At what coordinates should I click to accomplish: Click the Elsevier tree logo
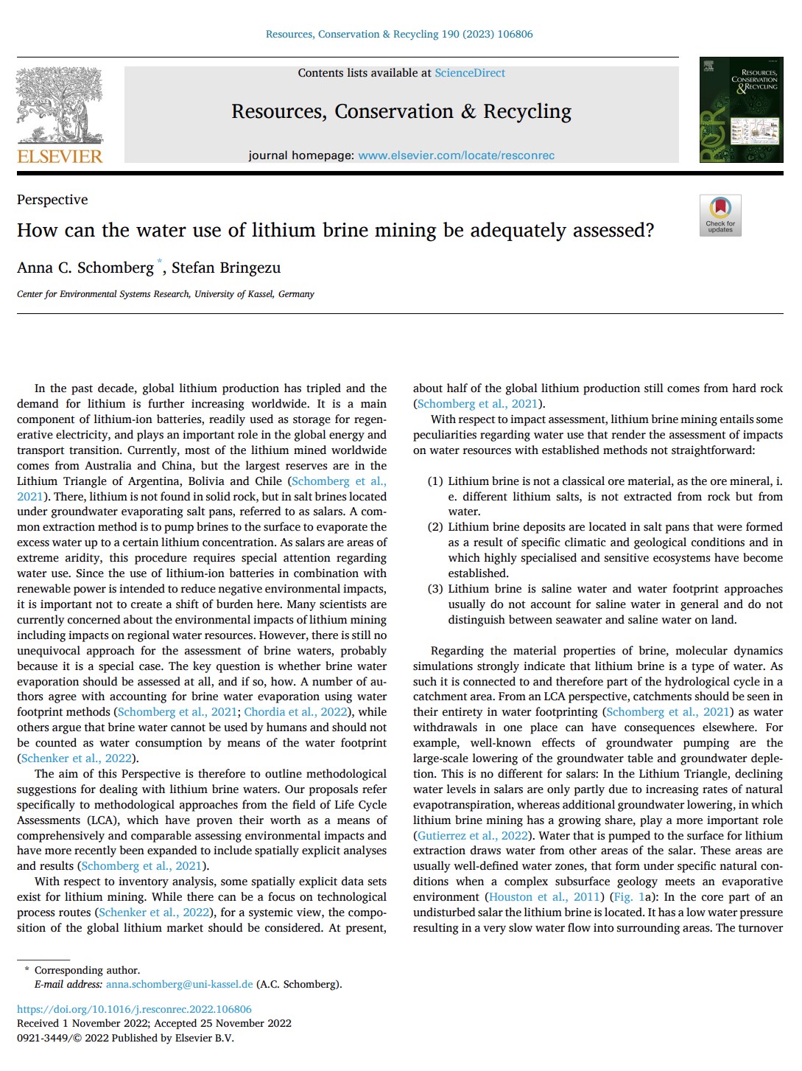[60, 104]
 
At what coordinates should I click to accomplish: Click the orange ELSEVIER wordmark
[60, 156]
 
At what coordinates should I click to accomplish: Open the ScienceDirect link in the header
[470, 73]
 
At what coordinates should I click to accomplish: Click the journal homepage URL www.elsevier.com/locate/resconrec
[456, 156]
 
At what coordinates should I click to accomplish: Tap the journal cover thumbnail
[741, 110]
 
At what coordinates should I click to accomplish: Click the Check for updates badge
[720, 214]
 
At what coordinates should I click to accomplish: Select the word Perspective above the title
[52, 200]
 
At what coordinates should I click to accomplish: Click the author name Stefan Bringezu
[226, 268]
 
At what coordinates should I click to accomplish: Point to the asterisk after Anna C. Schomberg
[159, 262]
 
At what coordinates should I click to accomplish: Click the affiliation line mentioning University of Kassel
[166, 294]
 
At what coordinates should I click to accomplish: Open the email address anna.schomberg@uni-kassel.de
[179, 984]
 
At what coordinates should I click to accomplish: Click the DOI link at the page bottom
[134, 1009]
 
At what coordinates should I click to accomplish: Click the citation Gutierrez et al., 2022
[473, 835]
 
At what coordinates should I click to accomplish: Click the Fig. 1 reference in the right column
[627, 897]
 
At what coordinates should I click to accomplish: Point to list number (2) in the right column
[435, 527]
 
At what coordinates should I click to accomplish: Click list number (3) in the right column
[435, 589]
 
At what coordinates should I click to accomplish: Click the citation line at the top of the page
[399, 34]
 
